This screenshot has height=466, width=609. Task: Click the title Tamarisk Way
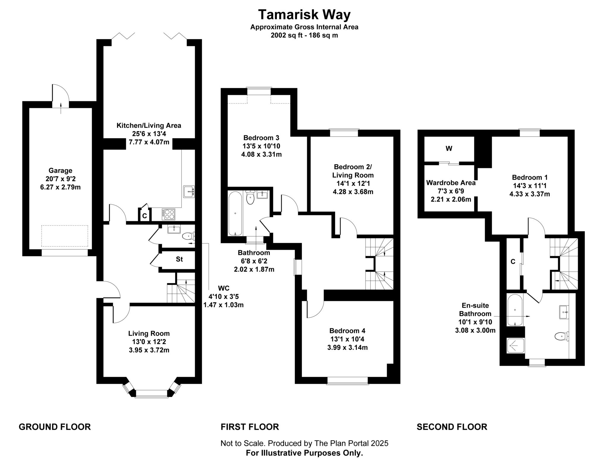pos(304,15)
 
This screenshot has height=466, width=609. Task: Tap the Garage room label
pos(60,171)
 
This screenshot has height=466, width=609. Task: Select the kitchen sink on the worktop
pos(189,192)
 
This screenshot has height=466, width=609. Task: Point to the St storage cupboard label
pos(179,259)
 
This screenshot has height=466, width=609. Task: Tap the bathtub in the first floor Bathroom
pos(235,213)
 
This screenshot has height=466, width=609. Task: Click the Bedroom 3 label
pos(261,138)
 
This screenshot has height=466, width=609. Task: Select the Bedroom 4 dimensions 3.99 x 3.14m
pos(347,347)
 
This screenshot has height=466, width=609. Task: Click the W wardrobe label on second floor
pos(449,149)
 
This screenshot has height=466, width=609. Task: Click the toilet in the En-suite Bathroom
pos(561,337)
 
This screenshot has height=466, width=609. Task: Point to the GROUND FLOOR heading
pos(55,427)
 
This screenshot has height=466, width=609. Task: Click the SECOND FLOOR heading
pos(452,427)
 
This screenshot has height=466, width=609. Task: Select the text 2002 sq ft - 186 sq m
pos(304,35)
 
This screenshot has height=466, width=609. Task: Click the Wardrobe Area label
pos(451,183)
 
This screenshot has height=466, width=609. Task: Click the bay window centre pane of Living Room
pos(152,393)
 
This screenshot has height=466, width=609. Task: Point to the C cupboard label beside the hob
pos(145,216)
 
